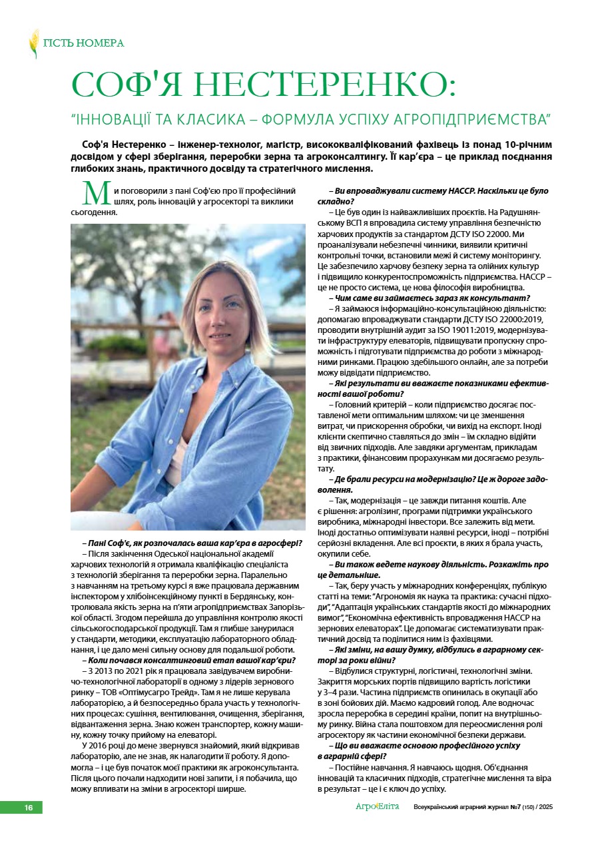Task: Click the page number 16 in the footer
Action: (29, 808)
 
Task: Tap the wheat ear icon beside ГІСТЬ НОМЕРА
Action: (33, 43)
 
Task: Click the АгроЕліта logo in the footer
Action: (377, 807)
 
